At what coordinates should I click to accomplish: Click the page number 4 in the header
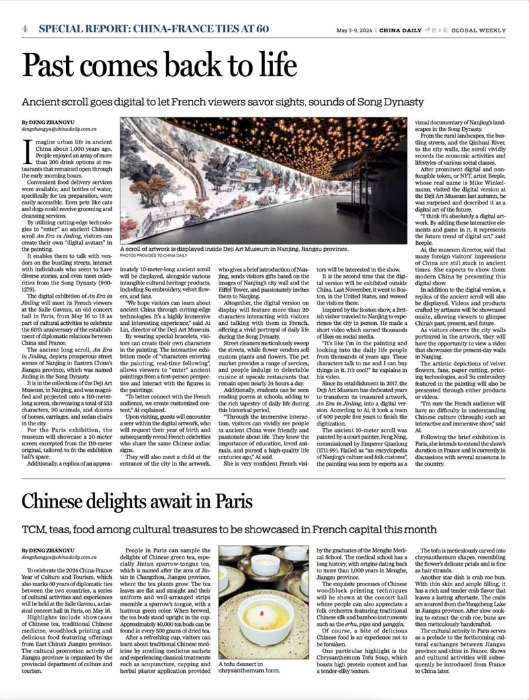pyautogui.click(x=24, y=29)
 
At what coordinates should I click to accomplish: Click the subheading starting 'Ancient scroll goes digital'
pyautogui.click(x=222, y=102)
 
